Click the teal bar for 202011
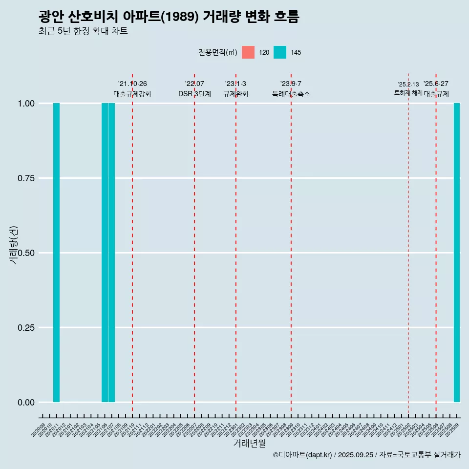[x=56, y=253]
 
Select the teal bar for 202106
[x=105, y=253]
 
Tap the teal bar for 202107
[x=111, y=253]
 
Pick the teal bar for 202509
[x=457, y=253]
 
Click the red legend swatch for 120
[x=248, y=52]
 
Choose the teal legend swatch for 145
[x=280, y=52]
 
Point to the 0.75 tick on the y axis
[x=25, y=178]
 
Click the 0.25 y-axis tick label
[x=25, y=328]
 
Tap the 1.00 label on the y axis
[x=25, y=104]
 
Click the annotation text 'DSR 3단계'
[x=194, y=94]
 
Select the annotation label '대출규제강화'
[x=132, y=94]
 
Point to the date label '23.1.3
[x=235, y=84]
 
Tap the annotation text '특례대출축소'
[x=291, y=94]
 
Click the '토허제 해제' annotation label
[x=408, y=93]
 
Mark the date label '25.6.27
[x=436, y=84]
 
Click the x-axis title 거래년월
[x=250, y=444]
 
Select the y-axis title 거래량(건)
[x=14, y=244]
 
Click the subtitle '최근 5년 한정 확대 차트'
[x=83, y=31]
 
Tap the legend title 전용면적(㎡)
[x=218, y=52]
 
